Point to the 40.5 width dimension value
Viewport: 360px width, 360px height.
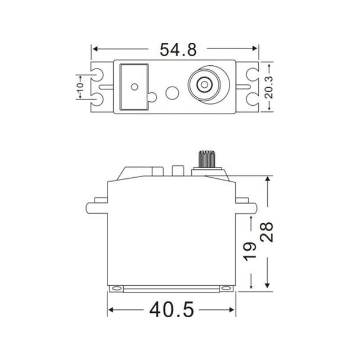pos(172,309)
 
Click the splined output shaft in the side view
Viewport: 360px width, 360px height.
pos(206,159)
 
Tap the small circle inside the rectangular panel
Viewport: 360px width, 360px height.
pos(134,87)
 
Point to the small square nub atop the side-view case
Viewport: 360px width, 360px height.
pos(177,170)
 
